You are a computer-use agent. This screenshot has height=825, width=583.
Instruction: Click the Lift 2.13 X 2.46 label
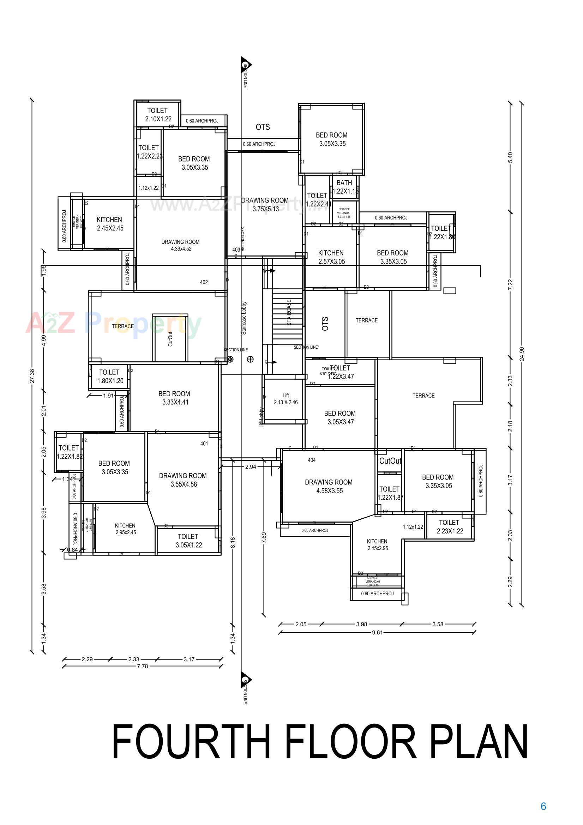click(x=286, y=399)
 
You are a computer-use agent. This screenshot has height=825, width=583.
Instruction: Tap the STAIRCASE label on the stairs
click(x=289, y=312)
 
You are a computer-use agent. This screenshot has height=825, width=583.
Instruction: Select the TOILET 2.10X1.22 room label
click(x=158, y=115)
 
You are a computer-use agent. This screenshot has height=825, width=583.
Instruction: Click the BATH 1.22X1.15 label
click(x=344, y=187)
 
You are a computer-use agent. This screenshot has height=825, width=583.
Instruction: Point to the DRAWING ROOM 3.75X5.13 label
click(x=265, y=204)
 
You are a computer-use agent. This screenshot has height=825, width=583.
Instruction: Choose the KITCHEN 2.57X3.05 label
click(x=331, y=257)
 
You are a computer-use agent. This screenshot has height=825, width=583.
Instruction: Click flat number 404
click(x=312, y=460)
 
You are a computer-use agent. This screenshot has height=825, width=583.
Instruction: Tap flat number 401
click(x=204, y=444)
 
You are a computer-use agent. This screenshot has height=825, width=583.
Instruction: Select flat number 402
click(x=204, y=282)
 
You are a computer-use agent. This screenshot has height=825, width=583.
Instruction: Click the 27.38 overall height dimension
click(x=32, y=376)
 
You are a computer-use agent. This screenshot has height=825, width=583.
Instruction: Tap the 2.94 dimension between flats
click(x=251, y=467)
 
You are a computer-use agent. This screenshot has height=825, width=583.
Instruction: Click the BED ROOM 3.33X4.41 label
click(x=174, y=398)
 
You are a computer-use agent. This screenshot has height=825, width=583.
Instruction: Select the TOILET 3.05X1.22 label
click(x=188, y=541)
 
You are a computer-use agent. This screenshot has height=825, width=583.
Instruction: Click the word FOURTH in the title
click(x=191, y=742)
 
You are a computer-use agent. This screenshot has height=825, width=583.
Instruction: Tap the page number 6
click(x=543, y=806)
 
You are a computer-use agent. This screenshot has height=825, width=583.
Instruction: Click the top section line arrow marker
click(x=246, y=65)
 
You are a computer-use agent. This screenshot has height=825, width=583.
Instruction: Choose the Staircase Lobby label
click(x=244, y=318)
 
